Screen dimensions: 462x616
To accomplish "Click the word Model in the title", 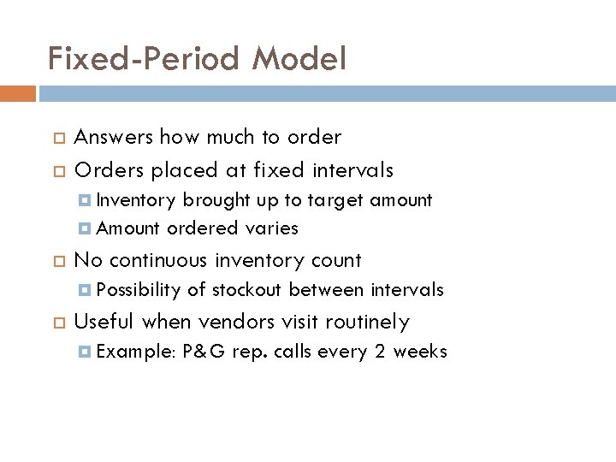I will pyautogui.click(x=299, y=58).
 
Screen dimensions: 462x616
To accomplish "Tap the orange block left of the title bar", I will pyautogui.click(x=18, y=93).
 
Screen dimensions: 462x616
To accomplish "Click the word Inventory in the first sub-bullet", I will pyautogui.click(x=137, y=200).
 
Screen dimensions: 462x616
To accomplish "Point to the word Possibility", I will pyautogui.click(x=139, y=290).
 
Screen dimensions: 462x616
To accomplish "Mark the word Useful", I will pyautogui.click(x=104, y=322).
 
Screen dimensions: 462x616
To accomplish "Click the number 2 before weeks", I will pyautogui.click(x=381, y=352).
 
